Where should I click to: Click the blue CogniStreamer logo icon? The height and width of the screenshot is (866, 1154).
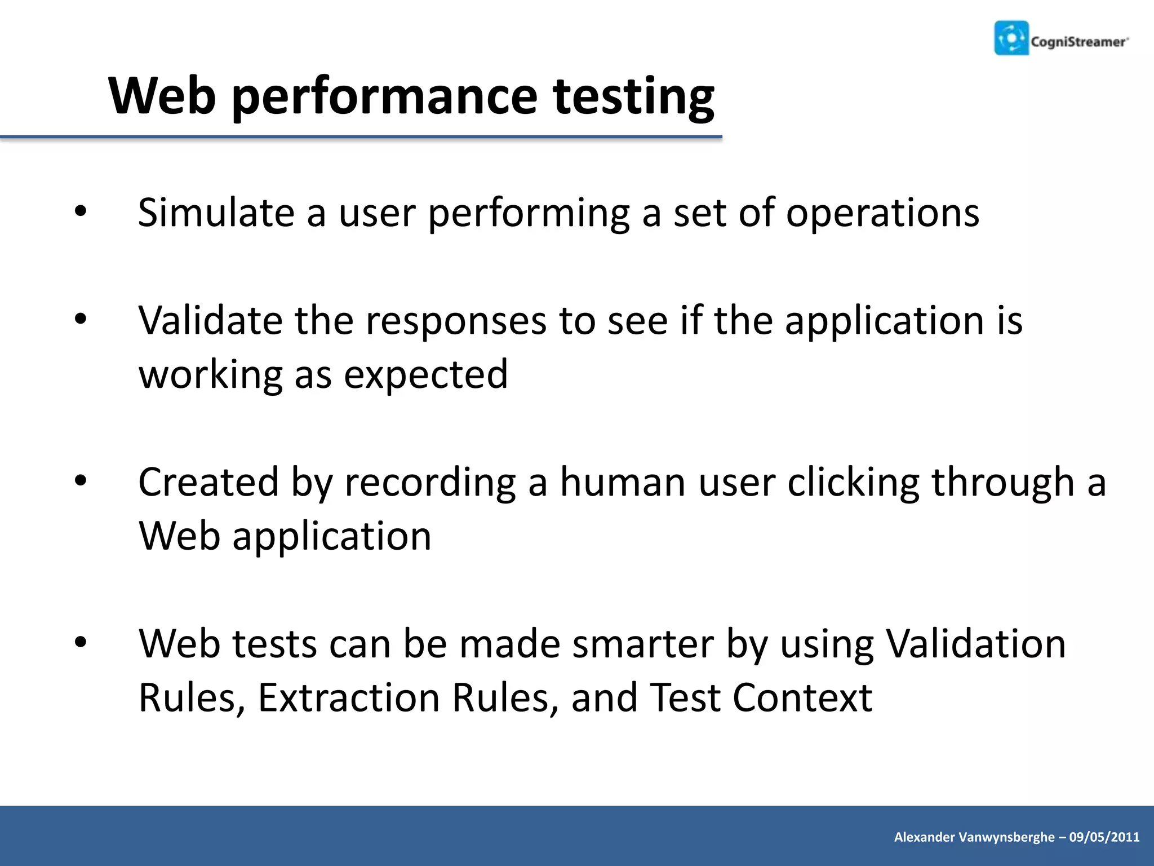click(x=1011, y=38)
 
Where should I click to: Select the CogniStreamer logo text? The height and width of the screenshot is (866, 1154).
click(x=1078, y=42)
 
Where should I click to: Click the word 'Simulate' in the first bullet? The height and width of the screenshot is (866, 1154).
click(x=216, y=213)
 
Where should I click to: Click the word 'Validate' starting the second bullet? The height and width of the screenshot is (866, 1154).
click(x=210, y=320)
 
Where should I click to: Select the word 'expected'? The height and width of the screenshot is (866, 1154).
click(x=426, y=375)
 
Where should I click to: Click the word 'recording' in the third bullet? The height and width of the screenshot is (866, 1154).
click(x=430, y=483)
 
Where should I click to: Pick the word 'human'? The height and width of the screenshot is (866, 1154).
click(x=622, y=482)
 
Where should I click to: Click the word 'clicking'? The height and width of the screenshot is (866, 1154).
click(x=853, y=483)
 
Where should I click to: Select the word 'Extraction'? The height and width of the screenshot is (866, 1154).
click(x=349, y=697)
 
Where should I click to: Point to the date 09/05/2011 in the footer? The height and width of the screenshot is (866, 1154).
click(x=1104, y=837)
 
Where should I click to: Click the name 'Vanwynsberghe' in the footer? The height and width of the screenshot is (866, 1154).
click(x=1006, y=837)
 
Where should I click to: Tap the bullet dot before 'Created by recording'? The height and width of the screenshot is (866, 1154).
click(x=81, y=481)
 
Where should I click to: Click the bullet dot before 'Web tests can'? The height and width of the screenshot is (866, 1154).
click(x=81, y=642)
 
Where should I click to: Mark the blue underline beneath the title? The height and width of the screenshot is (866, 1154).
click(x=361, y=137)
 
